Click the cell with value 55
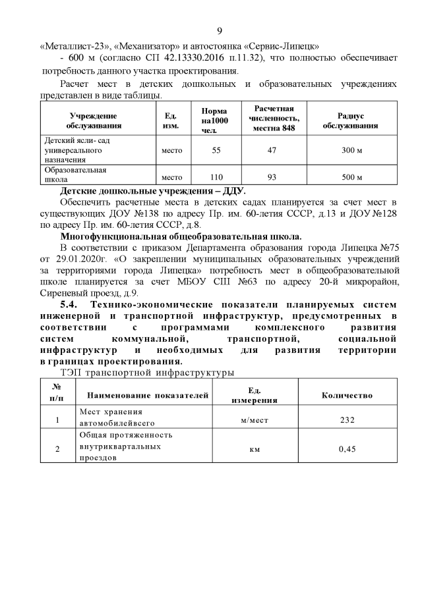pos(216,150)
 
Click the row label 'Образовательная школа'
pos(75,173)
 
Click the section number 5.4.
pos(69,304)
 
